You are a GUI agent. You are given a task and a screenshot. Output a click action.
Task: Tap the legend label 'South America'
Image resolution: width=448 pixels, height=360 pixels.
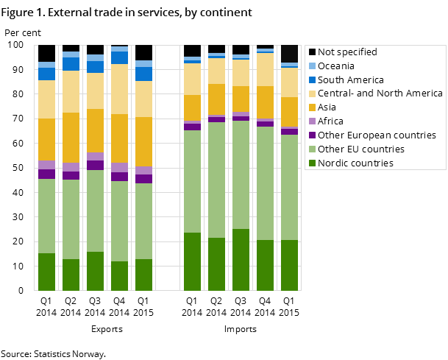point(351,80)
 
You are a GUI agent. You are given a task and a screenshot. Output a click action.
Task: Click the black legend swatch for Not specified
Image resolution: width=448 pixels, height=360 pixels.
point(312,52)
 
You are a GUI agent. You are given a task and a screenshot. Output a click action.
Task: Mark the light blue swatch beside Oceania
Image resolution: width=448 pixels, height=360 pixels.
point(312,66)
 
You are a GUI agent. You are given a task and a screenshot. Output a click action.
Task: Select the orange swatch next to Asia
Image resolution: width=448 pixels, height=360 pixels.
point(312,107)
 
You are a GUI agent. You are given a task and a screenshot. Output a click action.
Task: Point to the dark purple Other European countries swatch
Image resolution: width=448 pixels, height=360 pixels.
point(312,135)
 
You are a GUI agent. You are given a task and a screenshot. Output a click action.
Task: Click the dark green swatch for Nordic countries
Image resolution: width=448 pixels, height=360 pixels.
point(312,163)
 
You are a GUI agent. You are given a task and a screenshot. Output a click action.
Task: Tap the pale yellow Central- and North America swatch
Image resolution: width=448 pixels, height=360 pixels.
point(312,93)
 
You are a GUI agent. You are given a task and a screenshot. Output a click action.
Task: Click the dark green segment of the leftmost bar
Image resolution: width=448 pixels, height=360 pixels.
point(47,272)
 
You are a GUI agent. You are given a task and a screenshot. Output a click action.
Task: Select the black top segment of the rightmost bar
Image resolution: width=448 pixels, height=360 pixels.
point(290,54)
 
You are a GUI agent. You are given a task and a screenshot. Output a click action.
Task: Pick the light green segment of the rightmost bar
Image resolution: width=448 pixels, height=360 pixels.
point(290,187)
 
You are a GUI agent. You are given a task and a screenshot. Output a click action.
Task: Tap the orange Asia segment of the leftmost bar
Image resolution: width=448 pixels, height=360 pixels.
point(47,139)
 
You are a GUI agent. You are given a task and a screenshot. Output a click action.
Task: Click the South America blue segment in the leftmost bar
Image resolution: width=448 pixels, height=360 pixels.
point(47,74)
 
